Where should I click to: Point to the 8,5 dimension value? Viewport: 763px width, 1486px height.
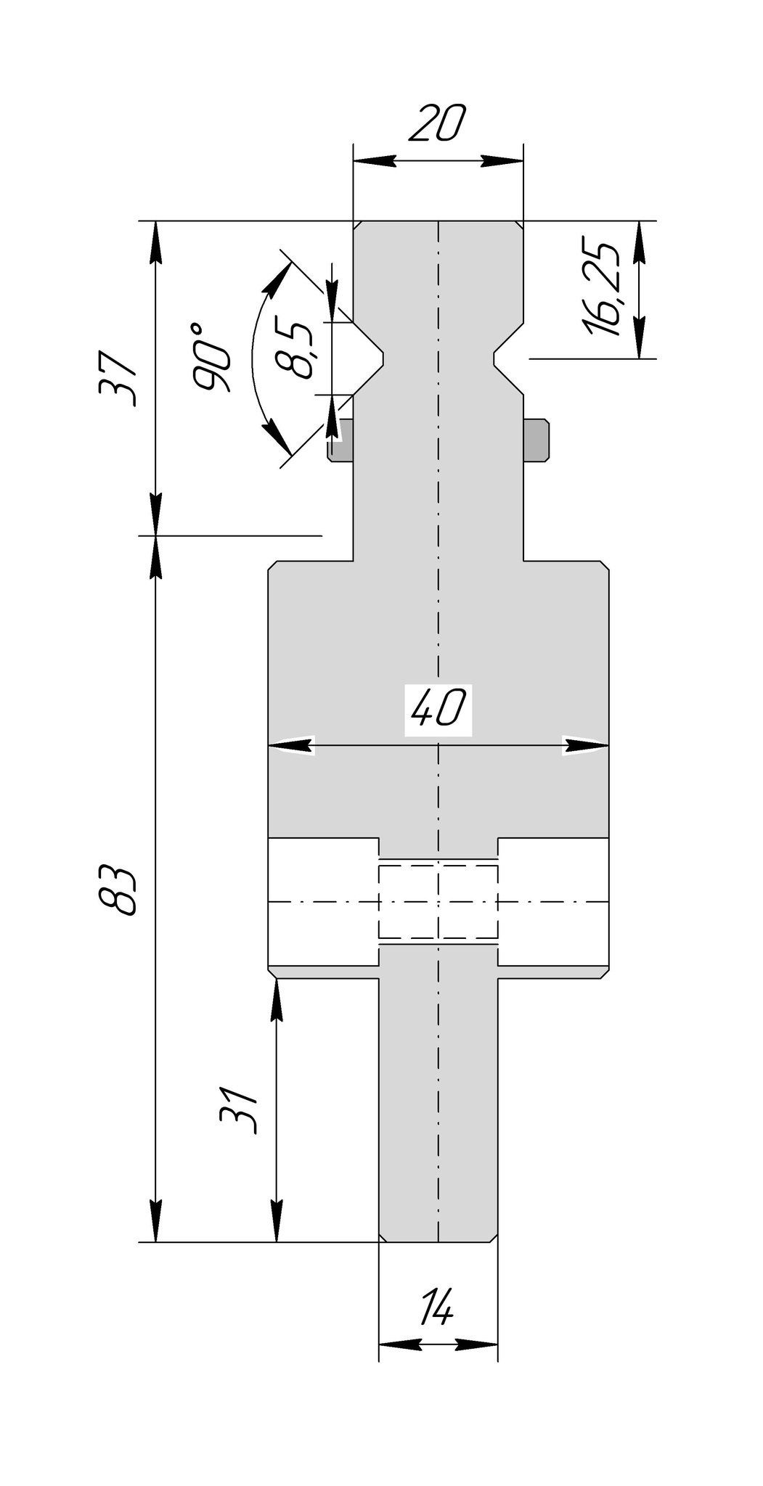(296, 350)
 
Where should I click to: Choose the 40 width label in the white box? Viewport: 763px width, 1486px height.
(438, 708)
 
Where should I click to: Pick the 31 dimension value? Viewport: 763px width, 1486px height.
(239, 1111)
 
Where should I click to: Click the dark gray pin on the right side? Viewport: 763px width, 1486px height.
(536, 440)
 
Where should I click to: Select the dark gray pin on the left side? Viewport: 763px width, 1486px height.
(340, 440)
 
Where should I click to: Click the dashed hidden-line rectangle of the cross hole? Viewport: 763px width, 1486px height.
(438, 902)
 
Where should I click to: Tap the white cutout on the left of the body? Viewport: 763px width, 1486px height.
(322, 902)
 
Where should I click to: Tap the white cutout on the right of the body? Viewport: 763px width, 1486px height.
(553, 902)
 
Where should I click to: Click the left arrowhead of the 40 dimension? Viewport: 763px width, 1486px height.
(290, 745)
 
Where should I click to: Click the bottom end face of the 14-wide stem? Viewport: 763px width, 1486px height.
(438, 1241)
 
